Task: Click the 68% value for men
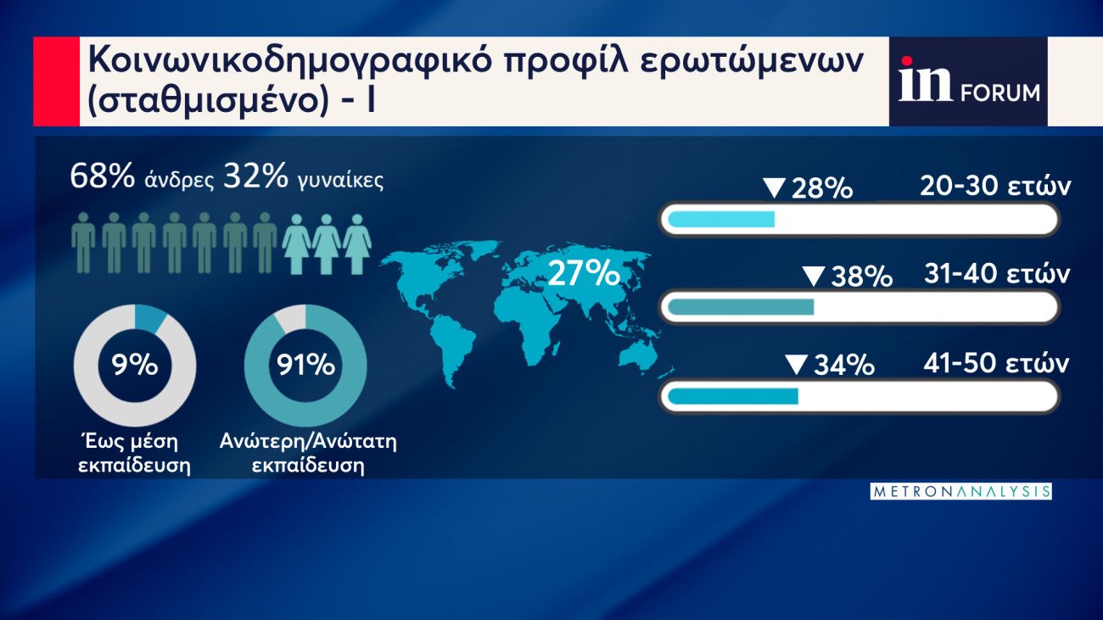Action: pyautogui.click(x=103, y=176)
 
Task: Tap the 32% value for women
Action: pyautogui.click(x=255, y=176)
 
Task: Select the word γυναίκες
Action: pyautogui.click(x=341, y=181)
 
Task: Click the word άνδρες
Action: pyautogui.click(x=180, y=180)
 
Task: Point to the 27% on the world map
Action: pyautogui.click(x=584, y=274)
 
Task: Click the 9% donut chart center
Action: pyautogui.click(x=135, y=365)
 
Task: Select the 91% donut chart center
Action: pyautogui.click(x=305, y=365)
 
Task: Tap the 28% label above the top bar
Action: pyautogui.click(x=822, y=188)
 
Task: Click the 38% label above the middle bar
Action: pyautogui.click(x=862, y=276)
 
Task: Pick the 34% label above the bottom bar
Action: pyautogui.click(x=844, y=366)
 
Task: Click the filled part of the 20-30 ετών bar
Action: pyautogui.click(x=721, y=219)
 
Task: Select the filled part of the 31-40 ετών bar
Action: pyautogui.click(x=741, y=307)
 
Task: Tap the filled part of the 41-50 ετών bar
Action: pyautogui.click(x=733, y=396)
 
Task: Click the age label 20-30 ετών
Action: pyautogui.click(x=995, y=186)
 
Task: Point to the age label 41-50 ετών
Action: pyautogui.click(x=996, y=364)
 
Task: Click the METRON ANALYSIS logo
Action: pyautogui.click(x=960, y=492)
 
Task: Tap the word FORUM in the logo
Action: pyautogui.click(x=1000, y=93)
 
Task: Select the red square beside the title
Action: pyautogui.click(x=56, y=81)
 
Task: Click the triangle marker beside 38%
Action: pyautogui.click(x=814, y=276)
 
